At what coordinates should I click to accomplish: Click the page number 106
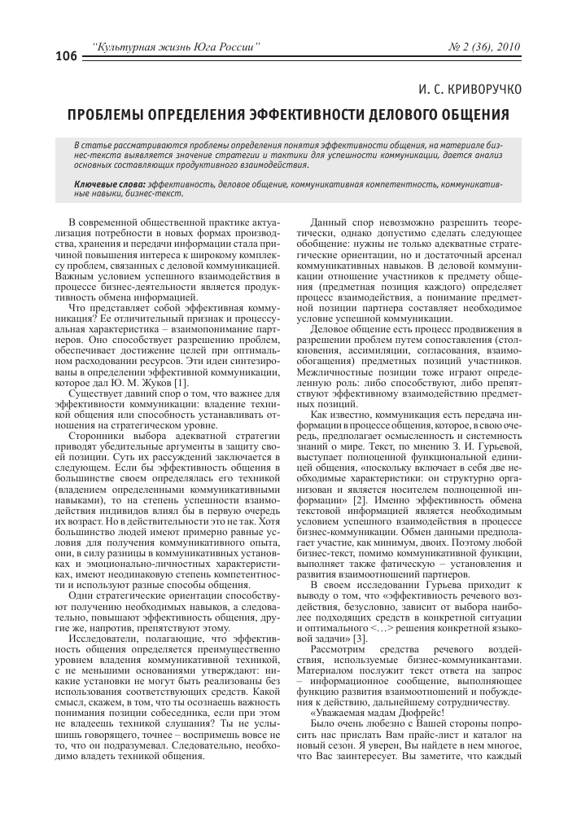point(66,56)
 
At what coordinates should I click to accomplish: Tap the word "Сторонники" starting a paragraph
point(96,436)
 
